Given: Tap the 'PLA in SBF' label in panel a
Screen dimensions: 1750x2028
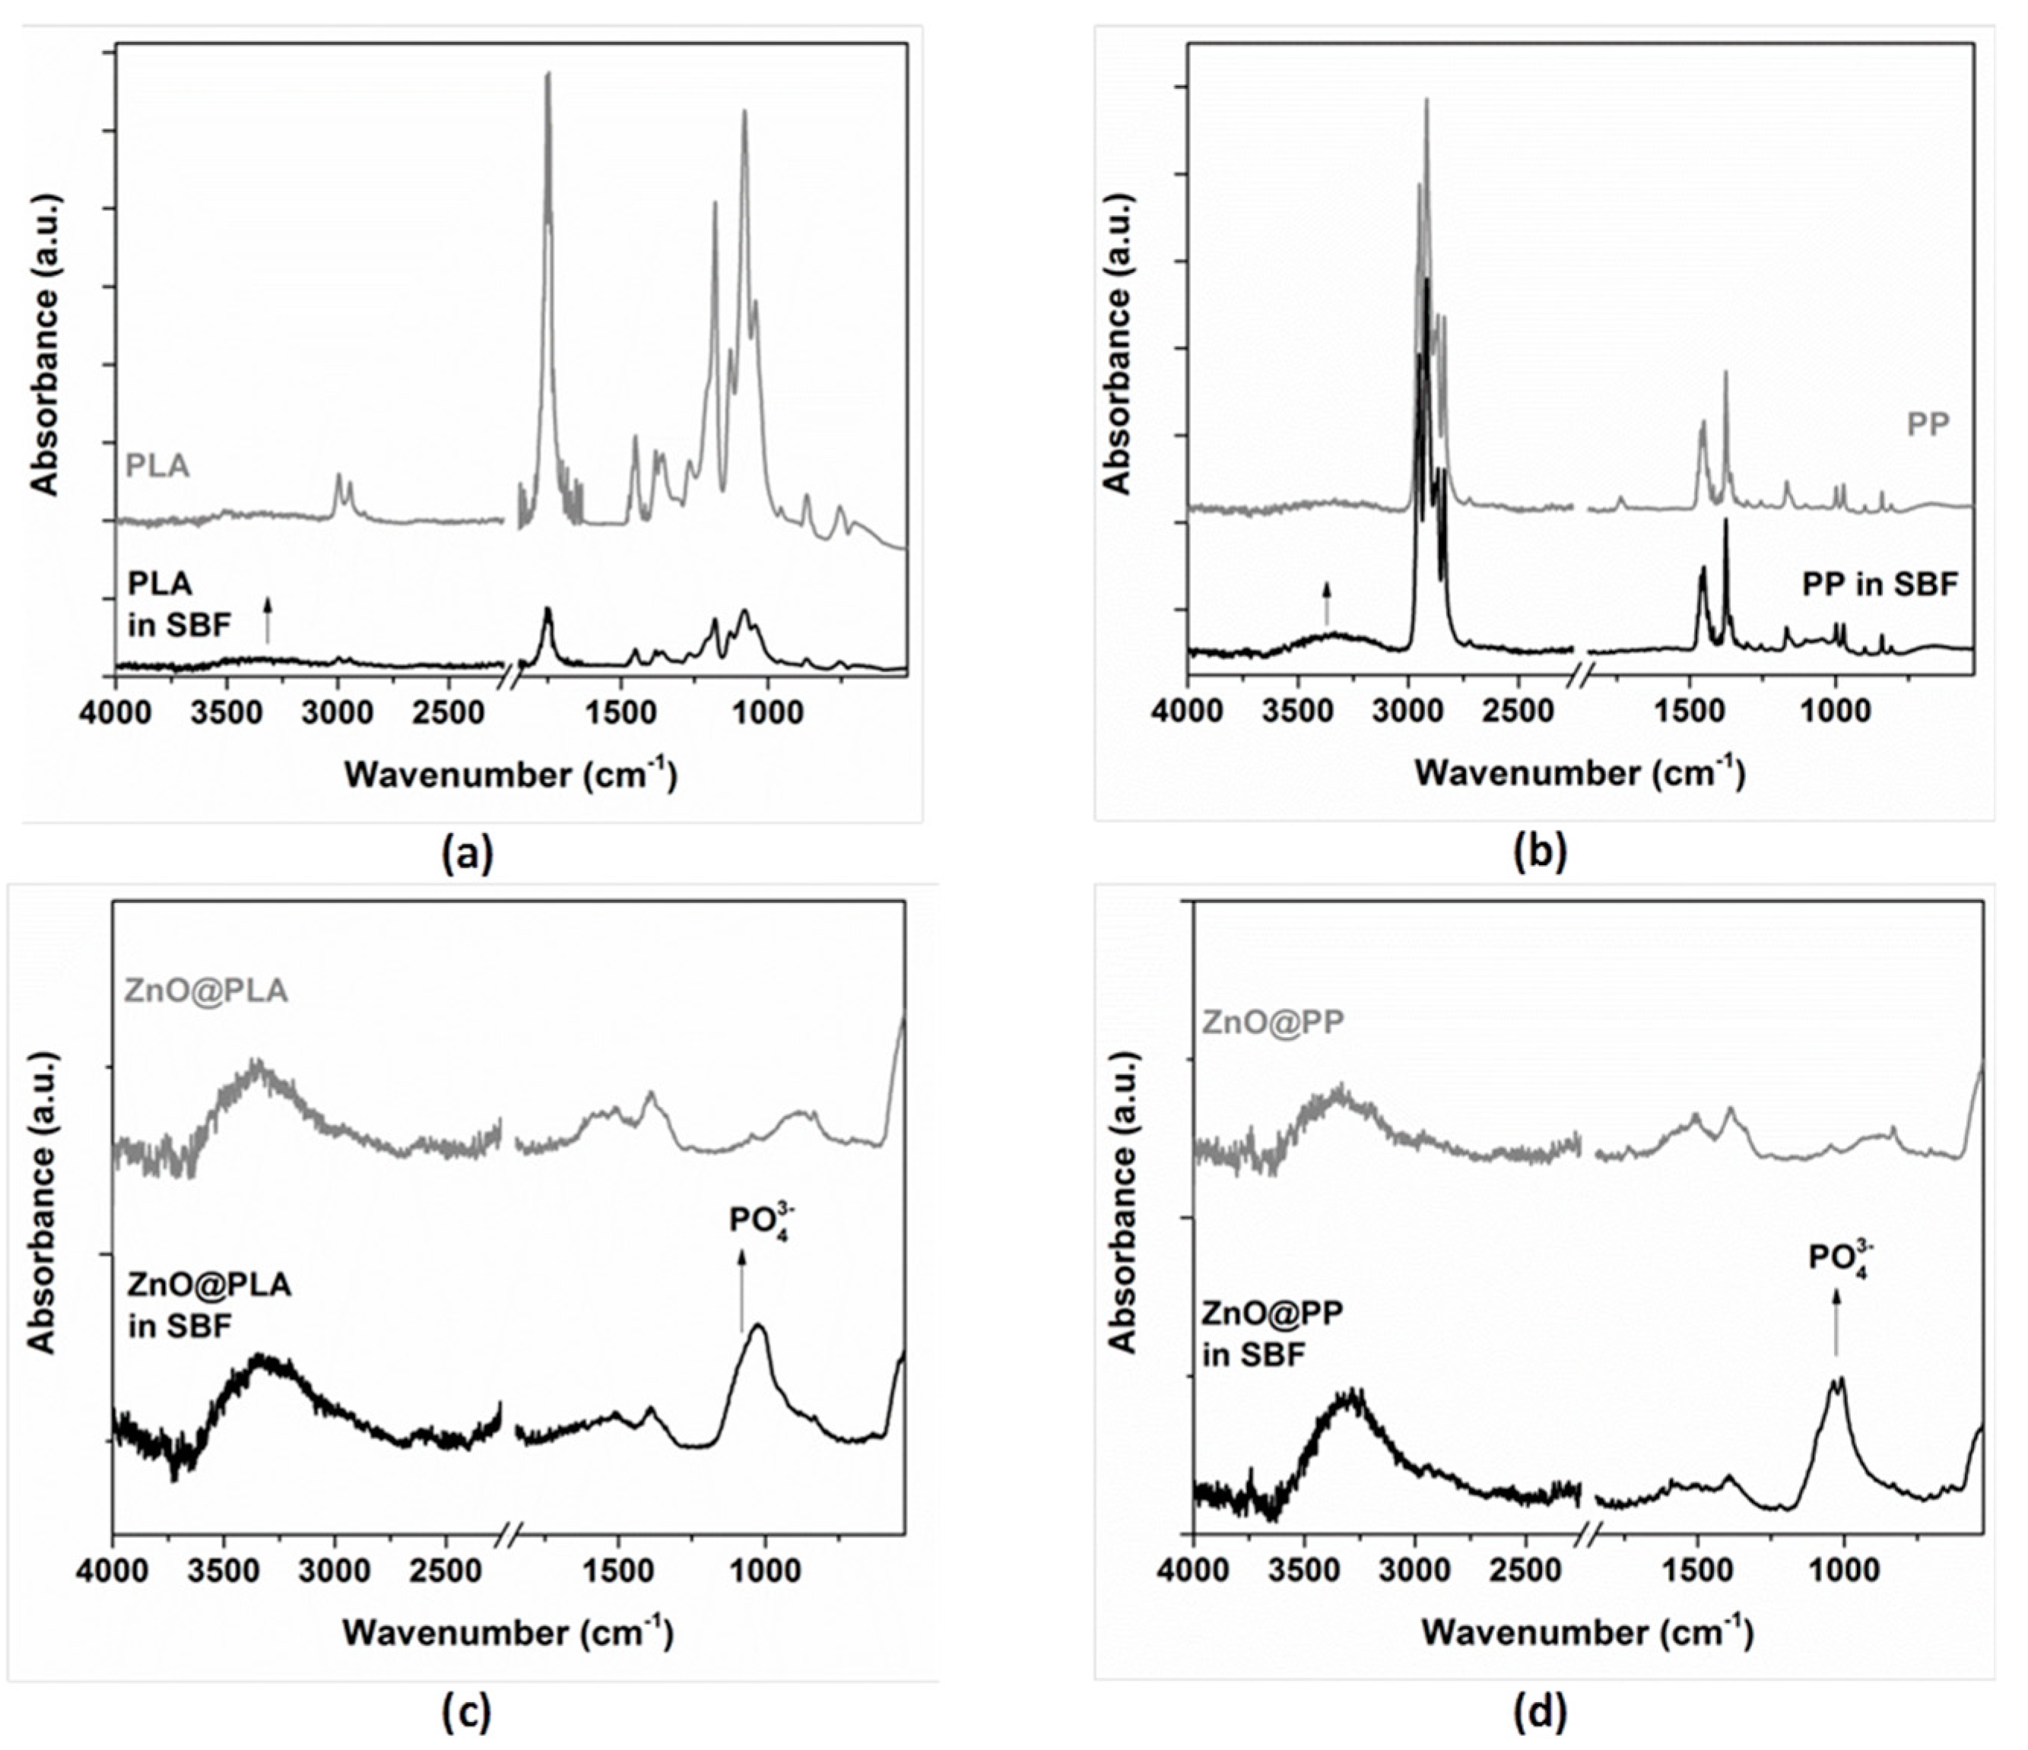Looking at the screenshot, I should (x=179, y=604).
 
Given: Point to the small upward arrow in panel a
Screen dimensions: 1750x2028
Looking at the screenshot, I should (x=267, y=622).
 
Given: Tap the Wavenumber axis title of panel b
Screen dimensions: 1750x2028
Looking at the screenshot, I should (x=1579, y=773).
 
